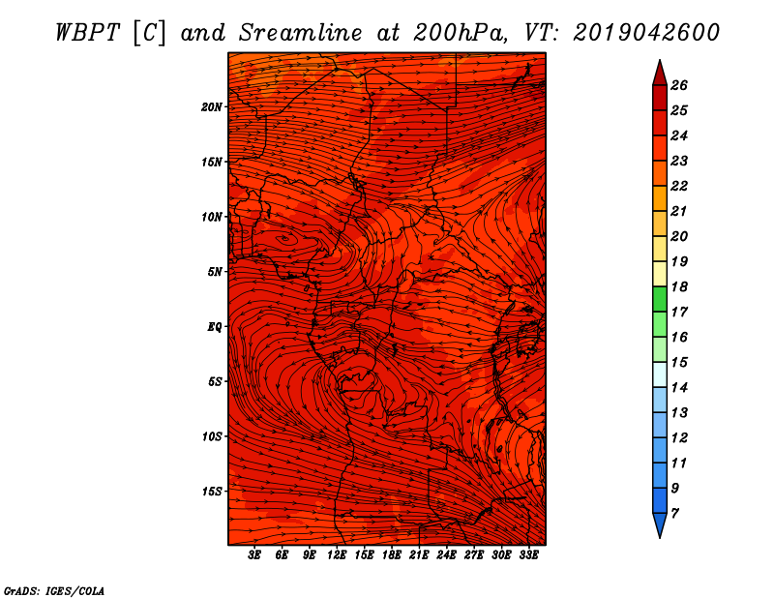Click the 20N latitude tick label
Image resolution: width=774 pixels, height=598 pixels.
212,107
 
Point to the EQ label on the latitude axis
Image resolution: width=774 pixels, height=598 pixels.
215,327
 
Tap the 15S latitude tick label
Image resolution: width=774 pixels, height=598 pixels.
212,492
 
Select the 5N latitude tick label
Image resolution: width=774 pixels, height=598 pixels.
215,272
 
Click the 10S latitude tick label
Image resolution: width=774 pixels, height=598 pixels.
212,436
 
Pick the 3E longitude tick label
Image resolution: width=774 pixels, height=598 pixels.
254,555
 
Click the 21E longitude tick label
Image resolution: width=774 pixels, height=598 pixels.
419,555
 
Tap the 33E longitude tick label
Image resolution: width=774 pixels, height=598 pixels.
528,555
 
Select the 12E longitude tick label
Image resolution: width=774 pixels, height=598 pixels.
336,555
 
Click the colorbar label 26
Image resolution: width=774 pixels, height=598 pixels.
679,85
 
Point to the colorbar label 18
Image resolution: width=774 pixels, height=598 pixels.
679,286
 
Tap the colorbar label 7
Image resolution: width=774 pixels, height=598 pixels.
674,514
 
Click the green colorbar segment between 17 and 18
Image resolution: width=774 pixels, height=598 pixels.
660,299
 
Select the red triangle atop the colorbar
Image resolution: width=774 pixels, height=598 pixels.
660,74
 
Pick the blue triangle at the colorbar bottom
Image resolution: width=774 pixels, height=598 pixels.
660,525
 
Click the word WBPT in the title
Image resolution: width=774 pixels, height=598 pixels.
87,33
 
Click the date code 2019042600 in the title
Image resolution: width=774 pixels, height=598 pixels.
646,33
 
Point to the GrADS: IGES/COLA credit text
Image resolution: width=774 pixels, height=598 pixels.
54,590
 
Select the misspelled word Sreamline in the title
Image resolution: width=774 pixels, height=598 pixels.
301,33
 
